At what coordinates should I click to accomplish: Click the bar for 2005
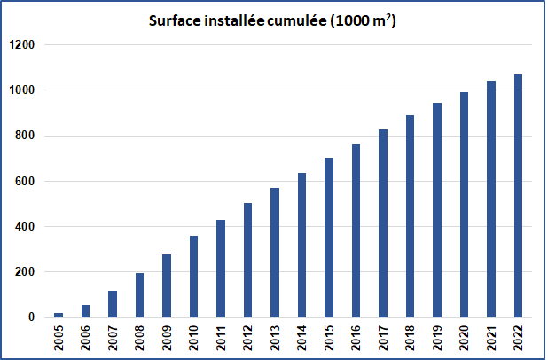click(x=58, y=315)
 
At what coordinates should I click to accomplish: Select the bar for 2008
click(x=139, y=295)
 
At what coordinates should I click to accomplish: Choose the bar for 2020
click(x=464, y=205)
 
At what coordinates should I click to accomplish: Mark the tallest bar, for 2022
click(x=518, y=196)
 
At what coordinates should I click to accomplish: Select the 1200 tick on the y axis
click(x=22, y=45)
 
